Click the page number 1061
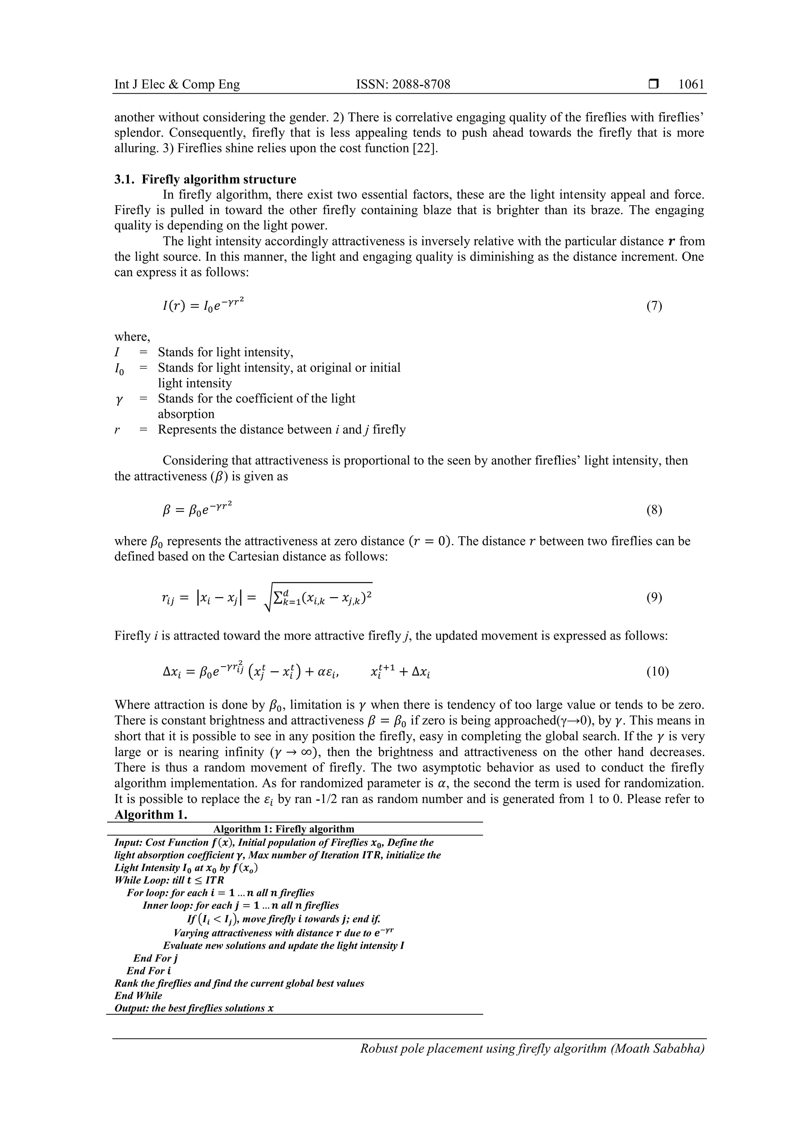click(x=691, y=84)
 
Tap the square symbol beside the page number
click(x=654, y=84)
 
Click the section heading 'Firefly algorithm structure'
click(x=220, y=179)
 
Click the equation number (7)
click(x=654, y=306)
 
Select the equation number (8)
click(x=654, y=510)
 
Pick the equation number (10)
click(x=657, y=672)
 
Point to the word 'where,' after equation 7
click(x=132, y=337)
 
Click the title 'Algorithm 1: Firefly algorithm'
click(x=284, y=829)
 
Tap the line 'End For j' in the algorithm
click(x=155, y=958)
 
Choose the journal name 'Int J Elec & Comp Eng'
click(x=177, y=84)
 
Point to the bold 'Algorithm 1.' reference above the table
click(x=151, y=814)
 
